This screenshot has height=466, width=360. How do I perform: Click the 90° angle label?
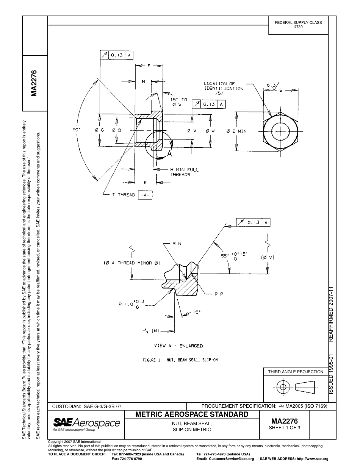pos(77,130)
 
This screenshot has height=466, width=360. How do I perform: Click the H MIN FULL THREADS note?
pos(184,172)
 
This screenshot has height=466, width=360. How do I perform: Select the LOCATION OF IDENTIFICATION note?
pos(224,88)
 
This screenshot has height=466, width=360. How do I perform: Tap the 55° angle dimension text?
pos(234,256)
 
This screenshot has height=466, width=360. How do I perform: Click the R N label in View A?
pos(177,244)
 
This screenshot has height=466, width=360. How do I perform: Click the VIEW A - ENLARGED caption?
pos(178,346)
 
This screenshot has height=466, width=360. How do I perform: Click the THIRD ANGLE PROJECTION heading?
pos(296,372)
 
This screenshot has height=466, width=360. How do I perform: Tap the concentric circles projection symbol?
pos(282,387)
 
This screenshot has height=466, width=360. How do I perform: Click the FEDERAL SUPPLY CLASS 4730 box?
pos(298,25)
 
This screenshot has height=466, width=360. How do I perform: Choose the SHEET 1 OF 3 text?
pos(284,428)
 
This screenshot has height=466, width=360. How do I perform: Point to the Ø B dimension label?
pos(116,130)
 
